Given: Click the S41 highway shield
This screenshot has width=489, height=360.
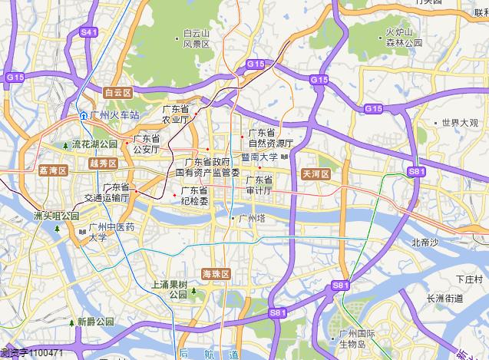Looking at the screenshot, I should [89, 32].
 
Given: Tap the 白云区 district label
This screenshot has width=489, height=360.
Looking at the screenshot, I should [118, 92].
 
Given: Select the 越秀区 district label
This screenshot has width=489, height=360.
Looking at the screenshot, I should [103, 163].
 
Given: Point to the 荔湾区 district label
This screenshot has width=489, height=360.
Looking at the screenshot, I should [53, 170].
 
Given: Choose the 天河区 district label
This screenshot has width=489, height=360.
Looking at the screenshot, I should [316, 174].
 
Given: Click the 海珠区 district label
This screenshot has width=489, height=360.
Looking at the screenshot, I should [216, 274].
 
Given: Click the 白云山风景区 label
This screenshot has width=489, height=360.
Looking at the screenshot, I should [197, 39].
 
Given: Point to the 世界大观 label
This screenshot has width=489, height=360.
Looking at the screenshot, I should [459, 123].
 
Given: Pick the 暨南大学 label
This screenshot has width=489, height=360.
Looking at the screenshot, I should [259, 157].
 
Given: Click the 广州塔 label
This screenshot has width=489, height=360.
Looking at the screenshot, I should [250, 219].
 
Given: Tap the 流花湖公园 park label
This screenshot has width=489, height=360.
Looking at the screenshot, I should [94, 144].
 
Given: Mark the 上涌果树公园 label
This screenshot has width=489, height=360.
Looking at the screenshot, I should [169, 289].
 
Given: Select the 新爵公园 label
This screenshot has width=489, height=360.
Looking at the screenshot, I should [94, 322].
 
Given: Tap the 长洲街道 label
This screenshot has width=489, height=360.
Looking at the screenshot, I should [446, 298].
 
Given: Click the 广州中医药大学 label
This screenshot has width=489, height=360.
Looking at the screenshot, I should [111, 232].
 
